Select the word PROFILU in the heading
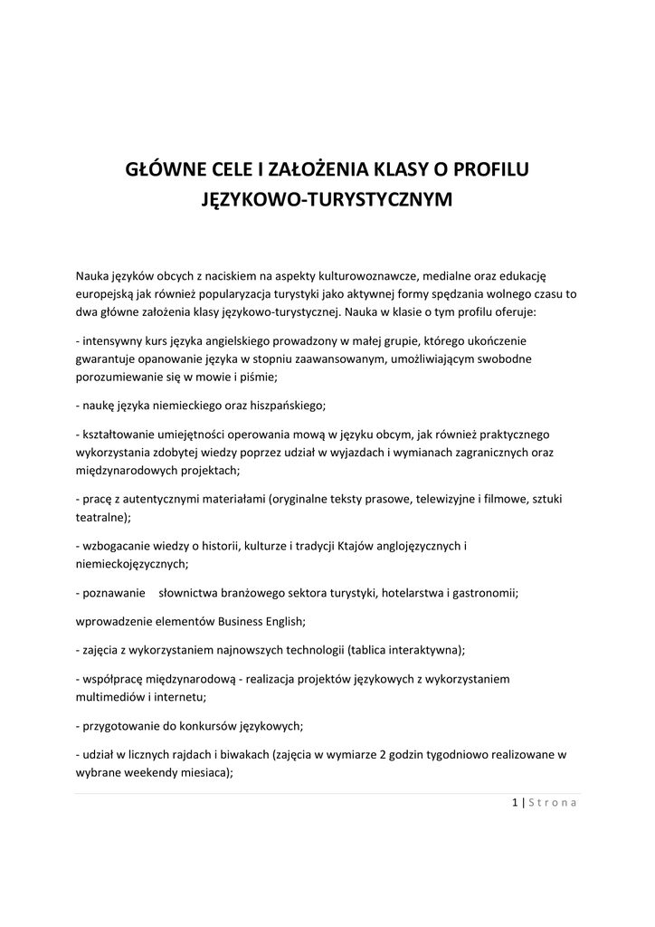491,168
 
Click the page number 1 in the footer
515,802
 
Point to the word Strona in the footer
552,802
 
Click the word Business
242,622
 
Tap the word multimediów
111,696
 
